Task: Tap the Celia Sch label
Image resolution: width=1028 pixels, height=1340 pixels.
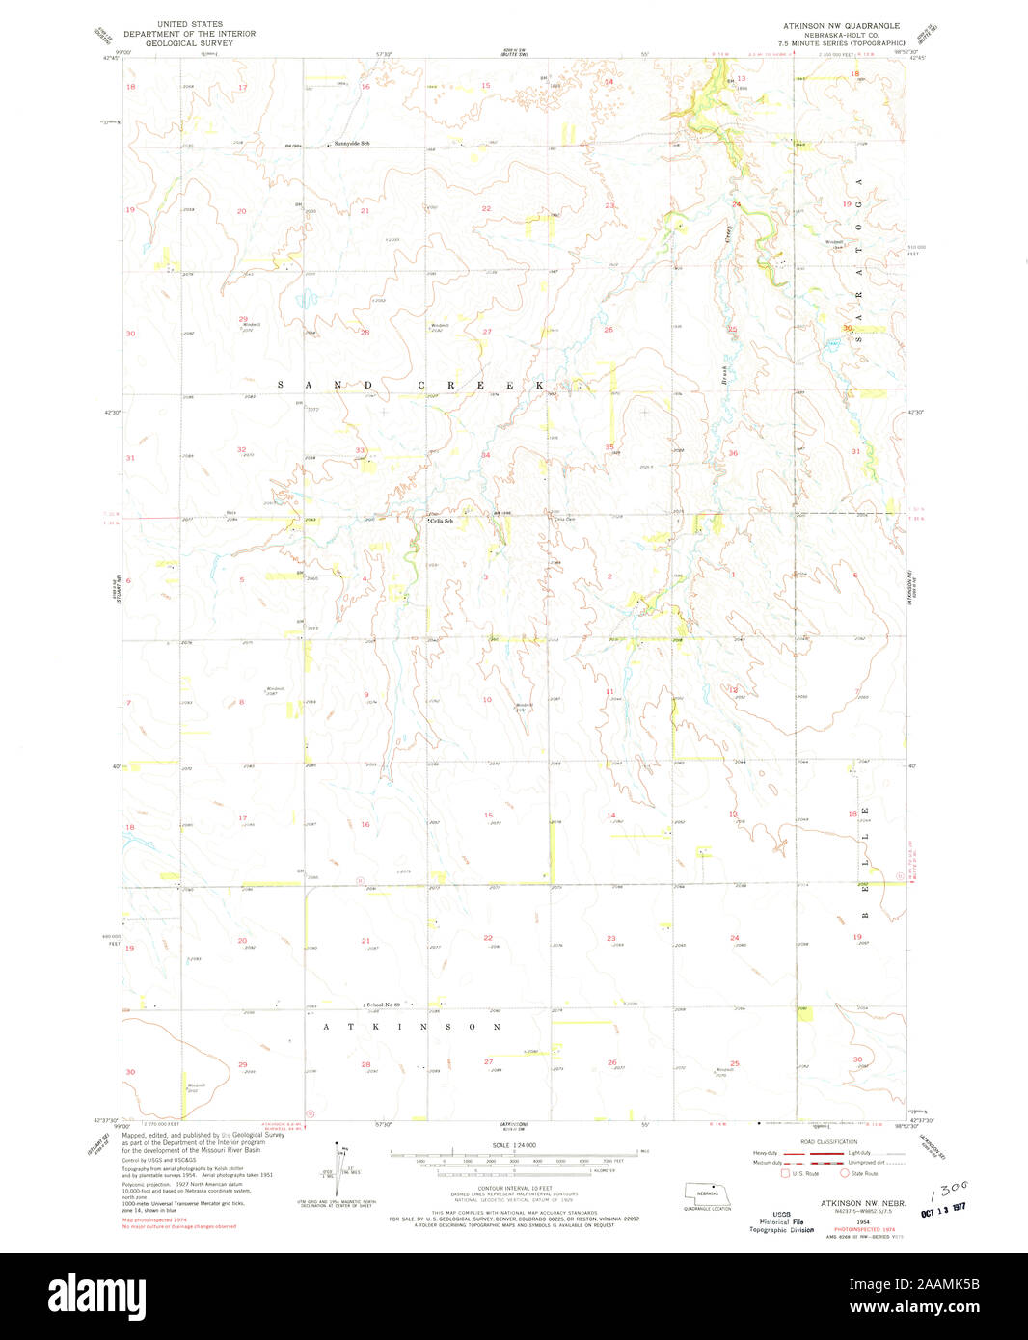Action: [x=442, y=521]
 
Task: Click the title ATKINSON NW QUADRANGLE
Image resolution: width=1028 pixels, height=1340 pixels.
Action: [x=841, y=26]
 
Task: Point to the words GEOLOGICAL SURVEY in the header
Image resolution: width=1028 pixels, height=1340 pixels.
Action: [x=189, y=43]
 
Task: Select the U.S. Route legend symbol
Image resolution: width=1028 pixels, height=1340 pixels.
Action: [x=785, y=1173]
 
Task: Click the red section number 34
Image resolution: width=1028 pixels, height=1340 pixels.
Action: [x=486, y=455]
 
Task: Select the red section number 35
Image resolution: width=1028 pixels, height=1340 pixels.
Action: [x=609, y=447]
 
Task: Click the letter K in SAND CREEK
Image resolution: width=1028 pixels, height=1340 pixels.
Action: [x=541, y=385]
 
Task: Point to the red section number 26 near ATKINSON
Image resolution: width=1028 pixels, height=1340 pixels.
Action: [x=611, y=1062]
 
